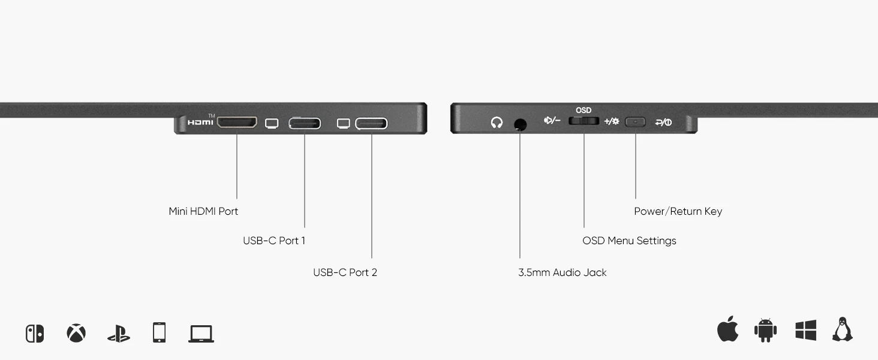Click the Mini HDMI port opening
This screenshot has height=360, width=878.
pyautogui.click(x=236, y=122)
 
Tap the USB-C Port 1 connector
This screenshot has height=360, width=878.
pyautogui.click(x=305, y=124)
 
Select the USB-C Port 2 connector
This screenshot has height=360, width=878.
pyautogui.click(x=371, y=124)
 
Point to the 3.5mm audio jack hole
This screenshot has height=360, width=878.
pyautogui.click(x=520, y=124)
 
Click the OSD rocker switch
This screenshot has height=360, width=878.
pyautogui.click(x=584, y=121)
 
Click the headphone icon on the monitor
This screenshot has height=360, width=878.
pyautogui.click(x=497, y=123)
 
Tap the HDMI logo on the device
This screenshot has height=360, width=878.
pyautogui.click(x=200, y=122)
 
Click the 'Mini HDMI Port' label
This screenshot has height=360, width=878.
pyautogui.click(x=203, y=211)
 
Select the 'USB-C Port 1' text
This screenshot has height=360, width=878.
pyautogui.click(x=274, y=241)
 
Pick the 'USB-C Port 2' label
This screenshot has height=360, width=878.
pyautogui.click(x=345, y=272)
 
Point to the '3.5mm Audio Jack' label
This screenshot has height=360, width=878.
pyautogui.click(x=563, y=272)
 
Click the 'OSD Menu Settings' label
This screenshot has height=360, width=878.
pyautogui.click(x=629, y=241)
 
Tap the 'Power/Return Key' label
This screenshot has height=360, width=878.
pyautogui.click(x=678, y=211)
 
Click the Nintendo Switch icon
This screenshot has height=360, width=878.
pyautogui.click(x=35, y=334)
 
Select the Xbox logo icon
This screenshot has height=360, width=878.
pyautogui.click(x=76, y=333)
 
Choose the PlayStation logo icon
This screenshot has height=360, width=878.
pyautogui.click(x=119, y=334)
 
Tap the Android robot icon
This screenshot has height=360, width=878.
pyautogui.click(x=765, y=331)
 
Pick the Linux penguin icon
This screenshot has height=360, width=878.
pyautogui.click(x=843, y=330)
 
